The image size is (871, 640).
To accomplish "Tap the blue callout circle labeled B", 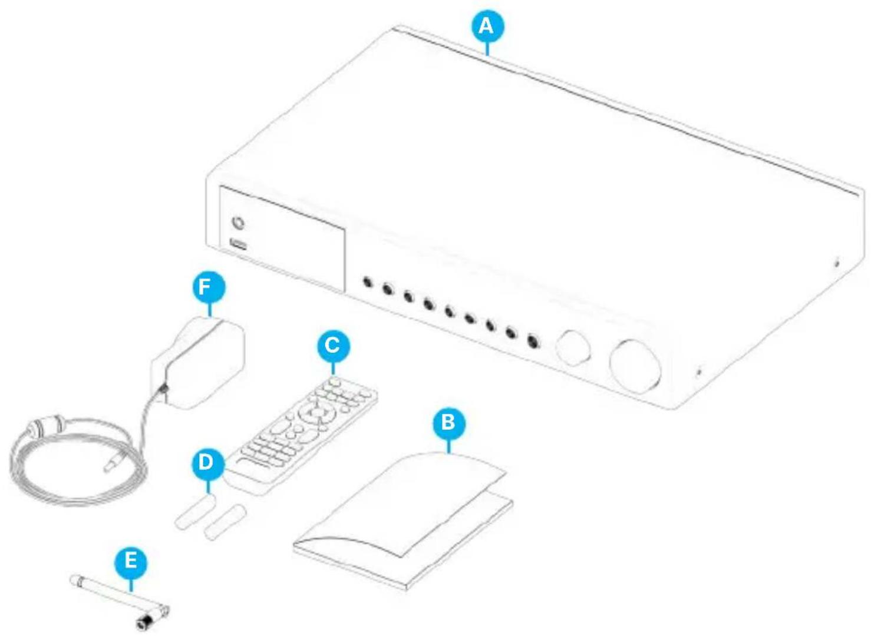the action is pyautogui.click(x=448, y=422).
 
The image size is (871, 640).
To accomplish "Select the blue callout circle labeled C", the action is pyautogui.click(x=332, y=346).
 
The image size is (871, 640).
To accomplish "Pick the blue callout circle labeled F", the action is pyautogui.click(x=209, y=287).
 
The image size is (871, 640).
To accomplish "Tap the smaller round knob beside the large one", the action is pyautogui.click(x=573, y=347).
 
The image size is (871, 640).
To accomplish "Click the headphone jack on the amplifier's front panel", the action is pyautogui.click(x=237, y=223).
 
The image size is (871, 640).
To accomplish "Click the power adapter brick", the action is pyautogui.click(x=198, y=362).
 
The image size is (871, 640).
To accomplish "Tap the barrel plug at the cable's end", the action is pyautogui.click(x=113, y=463).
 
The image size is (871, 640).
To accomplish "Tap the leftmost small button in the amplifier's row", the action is pyautogui.click(x=367, y=281).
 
